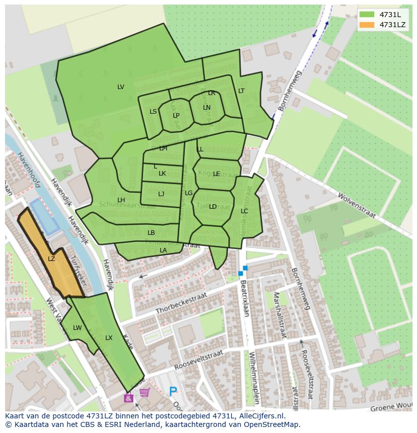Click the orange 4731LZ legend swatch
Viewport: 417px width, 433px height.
(369, 25)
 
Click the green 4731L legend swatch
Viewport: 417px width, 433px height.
(369, 15)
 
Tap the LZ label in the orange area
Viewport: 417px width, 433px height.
(51, 259)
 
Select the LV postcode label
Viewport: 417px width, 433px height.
(121, 87)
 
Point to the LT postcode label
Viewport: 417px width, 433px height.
(241, 91)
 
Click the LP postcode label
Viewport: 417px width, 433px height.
(176, 116)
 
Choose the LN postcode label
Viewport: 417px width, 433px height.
(207, 108)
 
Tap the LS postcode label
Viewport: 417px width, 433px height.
(153, 112)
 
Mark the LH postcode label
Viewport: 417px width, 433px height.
(121, 200)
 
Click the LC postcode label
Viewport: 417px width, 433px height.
(244, 211)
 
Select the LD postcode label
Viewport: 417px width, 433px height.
(213, 207)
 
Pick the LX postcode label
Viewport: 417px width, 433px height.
(109, 338)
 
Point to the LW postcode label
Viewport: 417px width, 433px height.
(77, 328)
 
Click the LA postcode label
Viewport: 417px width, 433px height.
(163, 250)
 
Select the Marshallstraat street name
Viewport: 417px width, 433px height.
(280, 314)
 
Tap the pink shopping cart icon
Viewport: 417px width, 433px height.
(145, 392)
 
